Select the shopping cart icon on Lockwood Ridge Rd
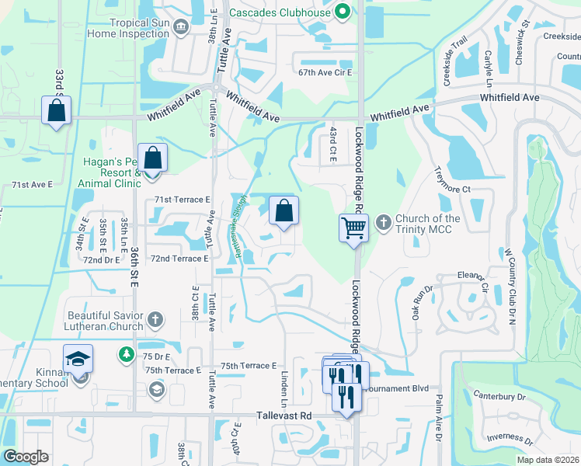pyautogui.click(x=353, y=228)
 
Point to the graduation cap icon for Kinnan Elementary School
pyautogui.click(x=78, y=358)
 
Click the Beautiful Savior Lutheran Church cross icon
pyautogui.click(x=155, y=318)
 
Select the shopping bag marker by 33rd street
pyautogui.click(x=57, y=110)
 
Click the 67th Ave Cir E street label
pyautogui.click(x=325, y=72)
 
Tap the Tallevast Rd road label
pyautogui.click(x=284, y=416)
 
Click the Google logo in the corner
pyautogui.click(x=26, y=457)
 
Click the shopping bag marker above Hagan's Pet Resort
pyautogui.click(x=153, y=158)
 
